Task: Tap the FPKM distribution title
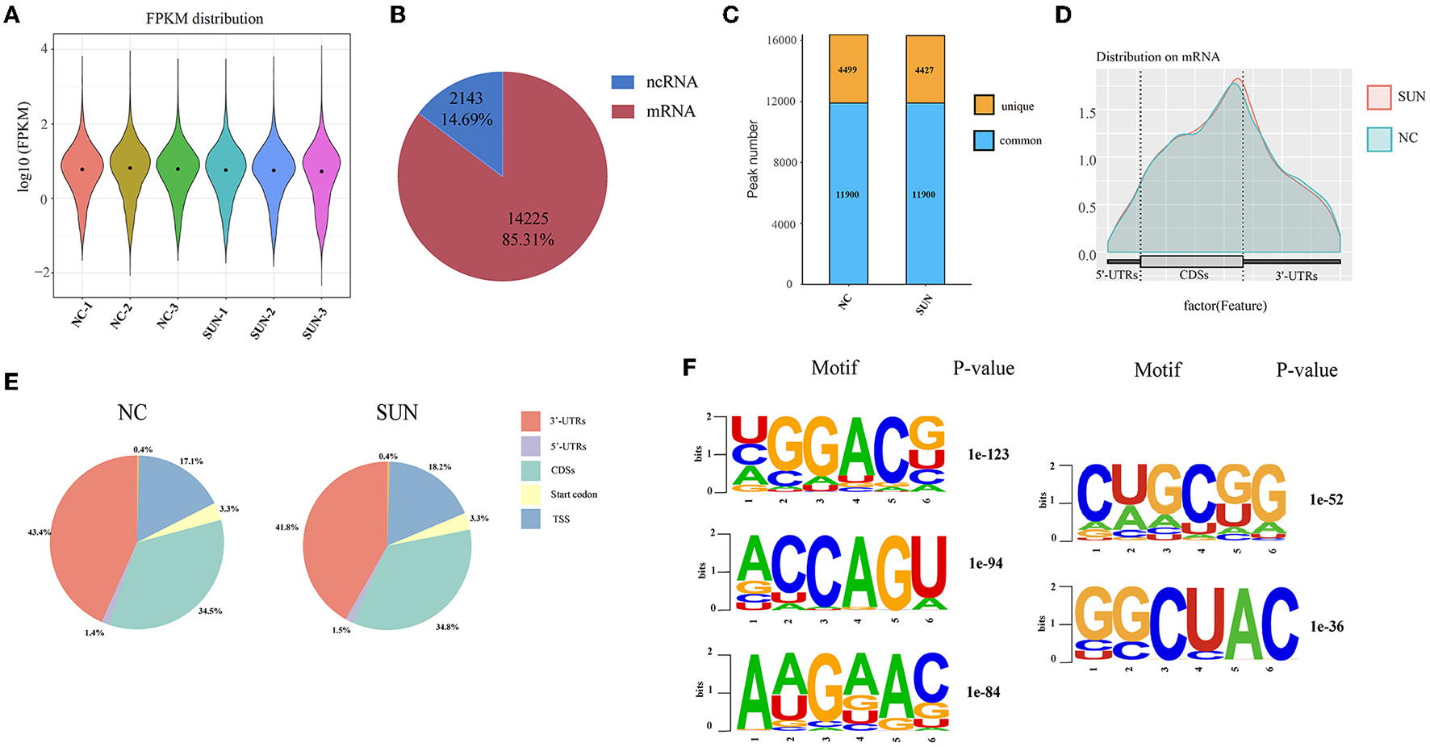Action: point(204,18)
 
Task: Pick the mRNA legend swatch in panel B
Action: point(622,111)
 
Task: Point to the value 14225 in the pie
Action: point(528,219)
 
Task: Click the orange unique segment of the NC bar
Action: point(848,69)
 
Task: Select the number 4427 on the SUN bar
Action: point(924,70)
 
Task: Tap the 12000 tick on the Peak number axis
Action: point(781,101)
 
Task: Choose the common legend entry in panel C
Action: point(1020,140)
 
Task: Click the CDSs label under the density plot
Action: point(1194,275)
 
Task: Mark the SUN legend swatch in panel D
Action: point(1378,97)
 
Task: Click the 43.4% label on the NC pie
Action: point(39,532)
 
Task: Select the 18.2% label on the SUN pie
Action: point(439,467)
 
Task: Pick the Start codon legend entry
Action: point(574,495)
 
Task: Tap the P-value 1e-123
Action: point(988,455)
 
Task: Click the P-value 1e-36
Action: point(1326,627)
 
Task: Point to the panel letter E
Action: point(11,381)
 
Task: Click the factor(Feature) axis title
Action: point(1224,306)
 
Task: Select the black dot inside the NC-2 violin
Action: point(130,168)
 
